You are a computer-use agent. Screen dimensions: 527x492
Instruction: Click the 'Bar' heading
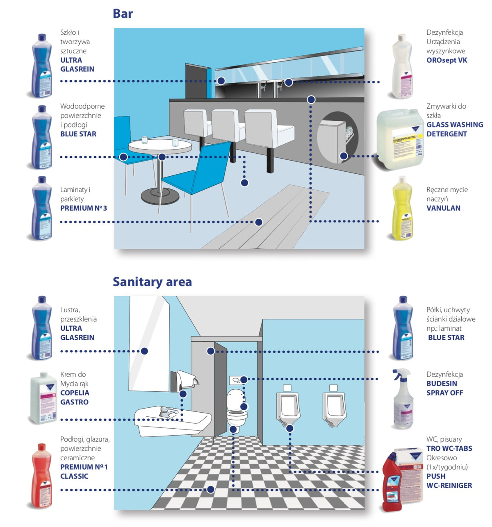point(123,14)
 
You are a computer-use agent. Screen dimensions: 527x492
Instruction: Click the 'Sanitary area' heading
point(152,282)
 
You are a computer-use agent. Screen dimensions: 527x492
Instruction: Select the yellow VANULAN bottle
point(401,209)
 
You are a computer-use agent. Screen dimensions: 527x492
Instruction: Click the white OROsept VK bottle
point(401,68)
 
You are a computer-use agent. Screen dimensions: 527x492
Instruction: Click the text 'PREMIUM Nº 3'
point(84,208)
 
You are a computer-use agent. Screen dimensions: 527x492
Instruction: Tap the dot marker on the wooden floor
point(259,222)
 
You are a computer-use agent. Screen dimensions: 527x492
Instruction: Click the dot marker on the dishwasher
point(344,156)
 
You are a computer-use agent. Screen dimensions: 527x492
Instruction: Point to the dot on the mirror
point(144,351)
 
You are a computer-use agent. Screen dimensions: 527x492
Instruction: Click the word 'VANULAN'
point(443,208)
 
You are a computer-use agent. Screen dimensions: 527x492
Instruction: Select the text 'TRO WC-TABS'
point(449,448)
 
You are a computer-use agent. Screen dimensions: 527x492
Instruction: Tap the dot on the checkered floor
point(210,489)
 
